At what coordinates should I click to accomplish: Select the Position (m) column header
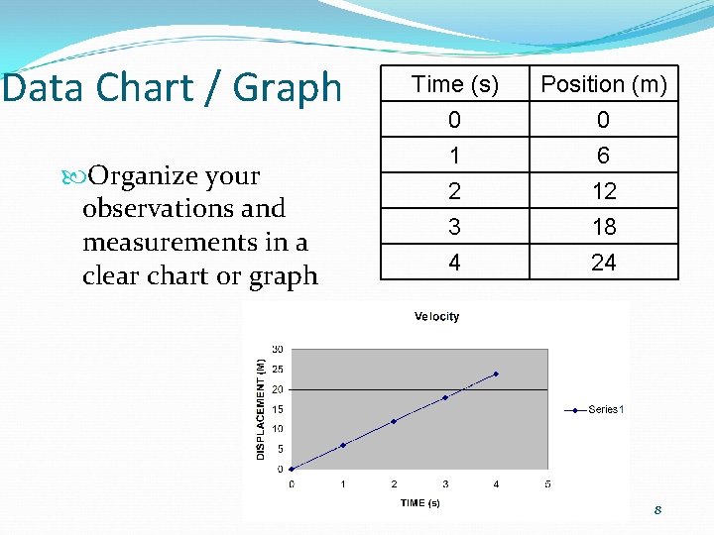604,85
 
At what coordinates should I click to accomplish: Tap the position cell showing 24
604,263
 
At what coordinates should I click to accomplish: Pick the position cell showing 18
604,227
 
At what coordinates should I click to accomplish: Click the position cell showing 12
604,191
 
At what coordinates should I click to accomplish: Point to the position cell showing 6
604,156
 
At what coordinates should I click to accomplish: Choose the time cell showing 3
453,227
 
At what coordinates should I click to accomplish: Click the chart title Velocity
436,317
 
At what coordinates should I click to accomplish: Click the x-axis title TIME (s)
420,503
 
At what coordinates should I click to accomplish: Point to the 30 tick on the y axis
278,349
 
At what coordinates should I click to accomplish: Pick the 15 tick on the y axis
278,409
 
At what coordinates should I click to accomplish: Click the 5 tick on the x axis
547,484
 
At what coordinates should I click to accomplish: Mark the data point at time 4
496,374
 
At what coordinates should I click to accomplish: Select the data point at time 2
394,421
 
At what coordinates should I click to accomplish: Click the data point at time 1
343,445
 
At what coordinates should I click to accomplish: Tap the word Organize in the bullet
145,176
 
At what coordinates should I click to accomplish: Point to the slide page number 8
656,510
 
